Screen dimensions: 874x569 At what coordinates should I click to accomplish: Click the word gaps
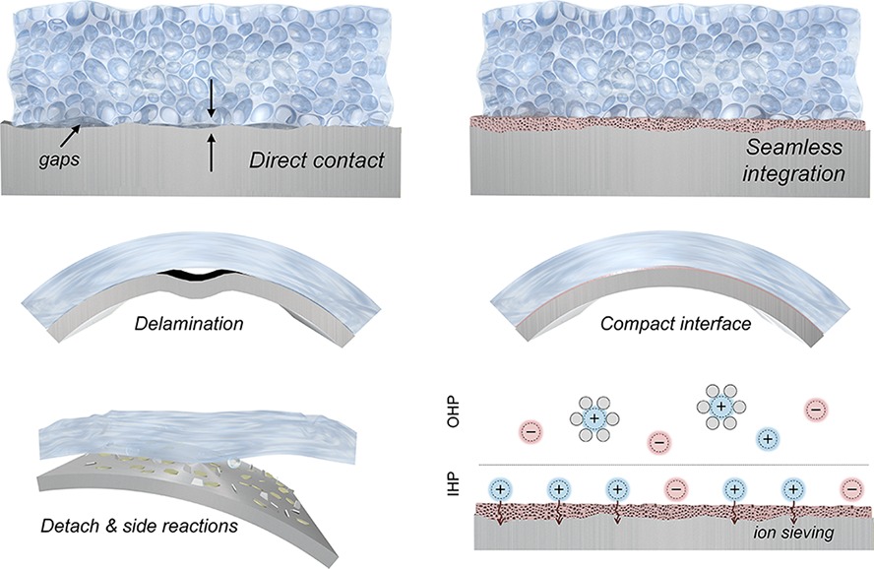click(59, 159)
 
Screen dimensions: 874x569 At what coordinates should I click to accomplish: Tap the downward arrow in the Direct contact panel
click(211, 98)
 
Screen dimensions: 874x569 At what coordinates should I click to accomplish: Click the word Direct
click(278, 160)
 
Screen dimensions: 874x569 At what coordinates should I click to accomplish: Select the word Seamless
click(794, 147)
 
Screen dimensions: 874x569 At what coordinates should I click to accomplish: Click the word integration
click(793, 173)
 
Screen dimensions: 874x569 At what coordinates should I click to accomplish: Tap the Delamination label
click(189, 323)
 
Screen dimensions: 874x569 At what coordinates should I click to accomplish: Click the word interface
click(716, 323)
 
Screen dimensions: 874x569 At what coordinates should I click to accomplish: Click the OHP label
click(455, 411)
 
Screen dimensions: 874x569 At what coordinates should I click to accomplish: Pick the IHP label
click(455, 484)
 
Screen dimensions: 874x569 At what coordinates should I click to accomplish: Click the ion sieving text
click(793, 533)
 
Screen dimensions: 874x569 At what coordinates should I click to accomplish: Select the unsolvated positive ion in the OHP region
click(768, 439)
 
